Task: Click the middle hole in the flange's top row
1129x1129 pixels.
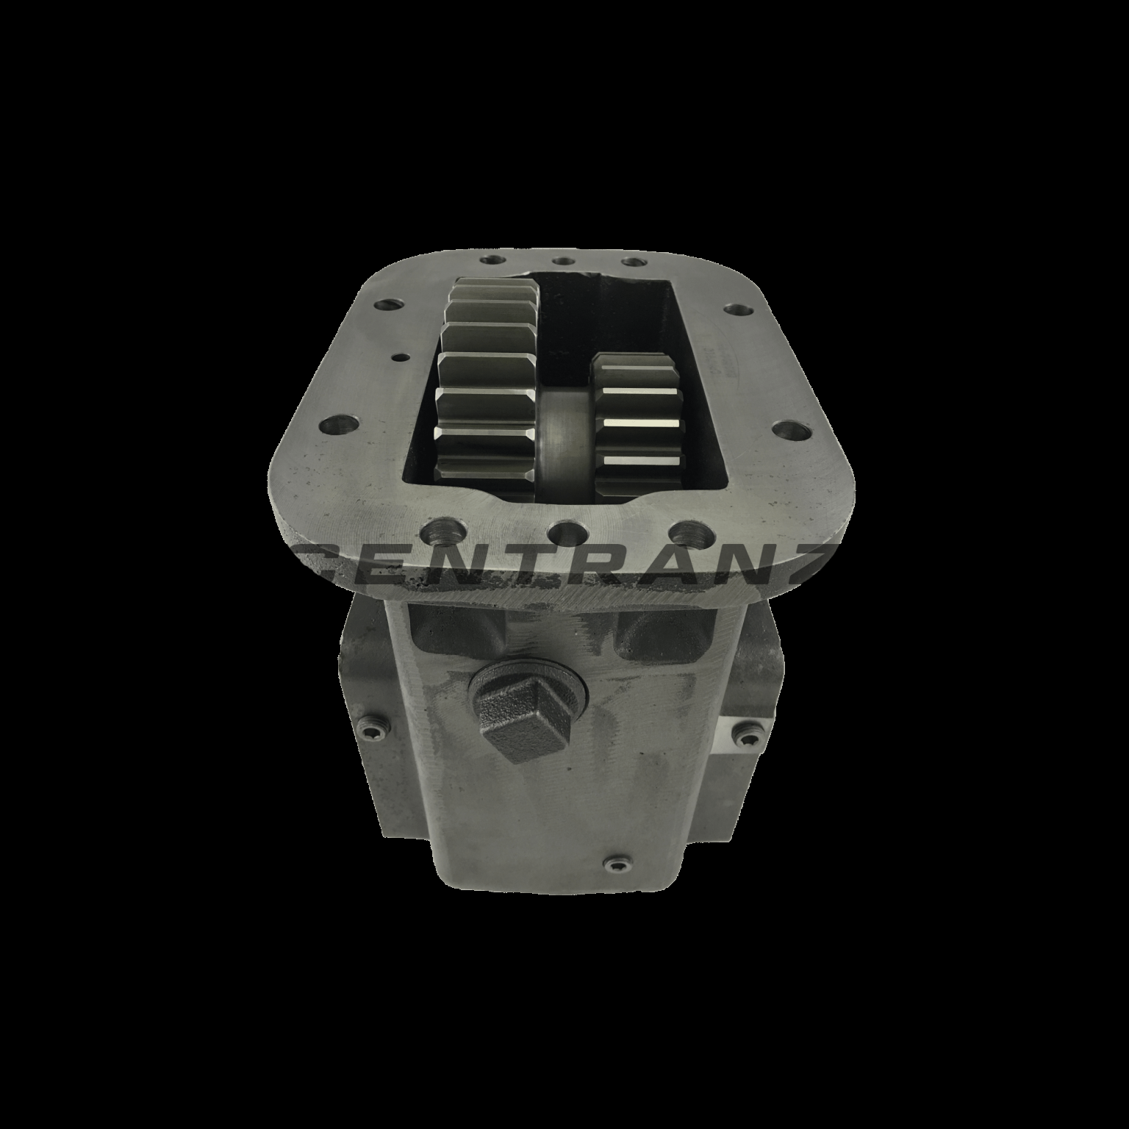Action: coord(564,260)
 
